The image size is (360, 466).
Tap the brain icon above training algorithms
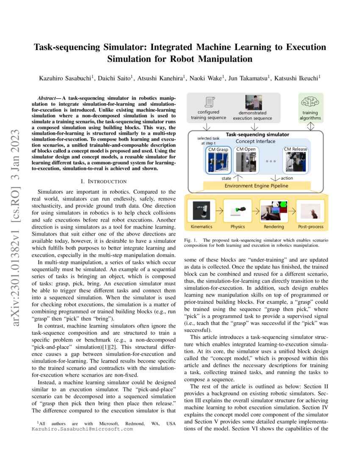click(x=311, y=102)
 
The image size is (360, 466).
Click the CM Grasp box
click(x=218, y=161)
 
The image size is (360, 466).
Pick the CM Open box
click(x=246, y=161)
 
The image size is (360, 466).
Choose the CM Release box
click(x=295, y=161)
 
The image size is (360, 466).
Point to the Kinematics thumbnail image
click(x=202, y=211)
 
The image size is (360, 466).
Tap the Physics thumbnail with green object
click(x=237, y=211)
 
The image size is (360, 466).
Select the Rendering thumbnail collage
click(x=274, y=211)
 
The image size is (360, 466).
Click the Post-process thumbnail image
click(x=310, y=211)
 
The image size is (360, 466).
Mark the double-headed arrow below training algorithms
click(x=311, y=126)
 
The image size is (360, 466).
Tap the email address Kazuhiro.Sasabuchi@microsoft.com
click(x=83, y=429)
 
